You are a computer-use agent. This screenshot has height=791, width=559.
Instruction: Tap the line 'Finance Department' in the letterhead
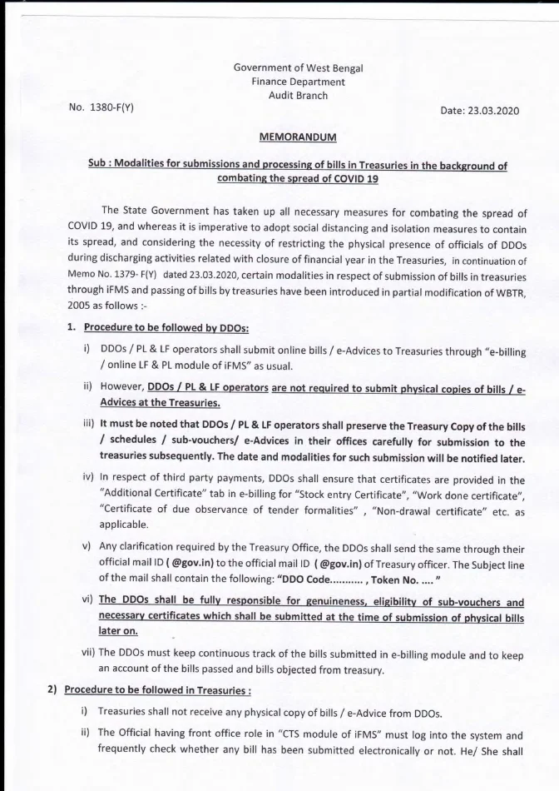point(298,82)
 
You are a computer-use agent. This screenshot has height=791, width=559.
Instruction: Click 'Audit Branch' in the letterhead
point(298,96)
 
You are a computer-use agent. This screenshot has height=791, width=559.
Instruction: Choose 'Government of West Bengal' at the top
point(298,67)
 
